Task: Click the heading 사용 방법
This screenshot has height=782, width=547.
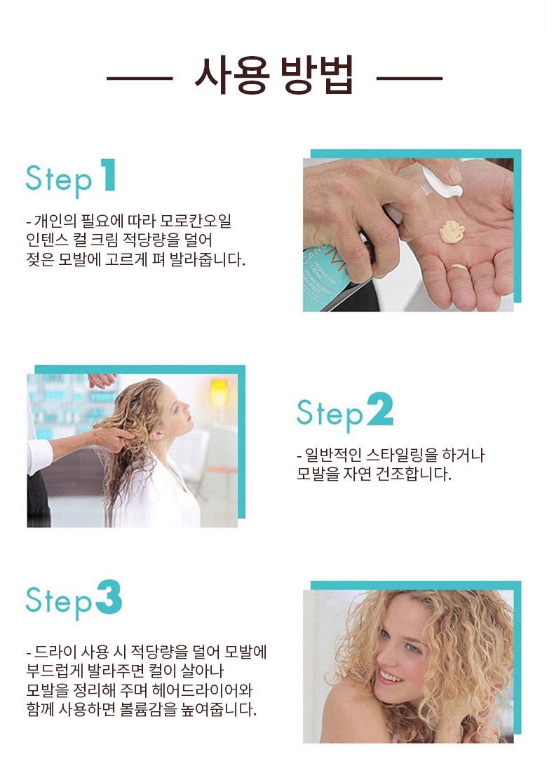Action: pos(273,76)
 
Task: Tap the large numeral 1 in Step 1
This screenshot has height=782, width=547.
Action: pos(108,174)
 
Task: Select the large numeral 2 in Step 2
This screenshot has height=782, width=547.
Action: pos(380,409)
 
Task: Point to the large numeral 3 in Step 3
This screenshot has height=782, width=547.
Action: pos(109,597)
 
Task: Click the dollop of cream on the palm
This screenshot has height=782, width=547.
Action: pos(452,231)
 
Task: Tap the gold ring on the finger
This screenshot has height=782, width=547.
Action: pos(457,268)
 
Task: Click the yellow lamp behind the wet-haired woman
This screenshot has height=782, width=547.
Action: pos(219,392)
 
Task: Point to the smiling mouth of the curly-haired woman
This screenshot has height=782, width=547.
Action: pos(391,677)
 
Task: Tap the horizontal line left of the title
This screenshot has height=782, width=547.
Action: pos(140,78)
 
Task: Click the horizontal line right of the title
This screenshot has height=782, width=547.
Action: pos(410,78)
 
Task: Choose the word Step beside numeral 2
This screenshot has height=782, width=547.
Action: pos(330,413)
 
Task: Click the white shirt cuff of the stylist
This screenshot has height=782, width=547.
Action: pos(40,456)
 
